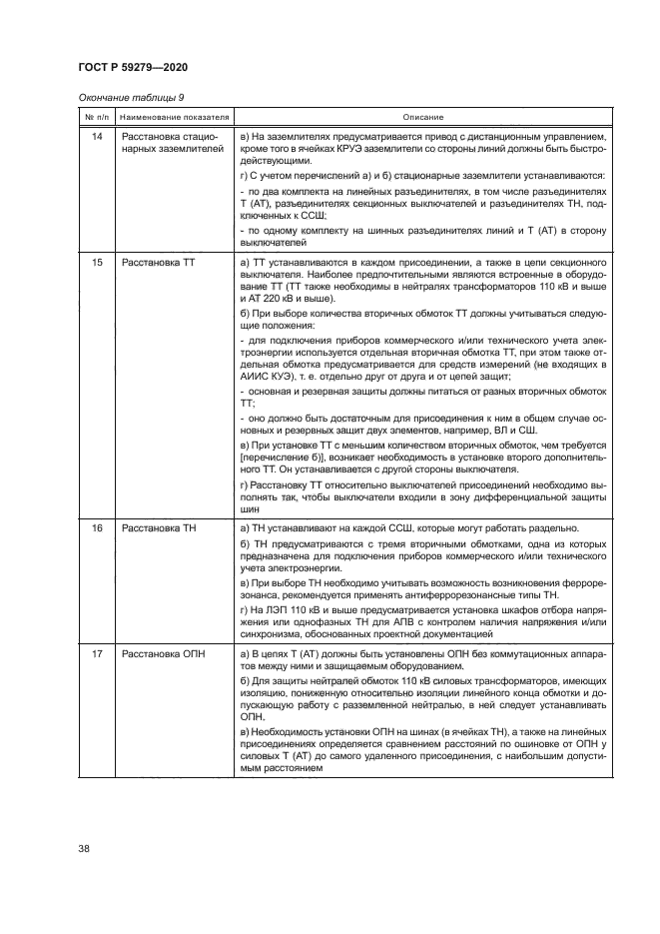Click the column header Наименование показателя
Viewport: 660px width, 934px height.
[x=171, y=117]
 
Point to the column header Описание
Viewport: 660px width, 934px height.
[x=423, y=117]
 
